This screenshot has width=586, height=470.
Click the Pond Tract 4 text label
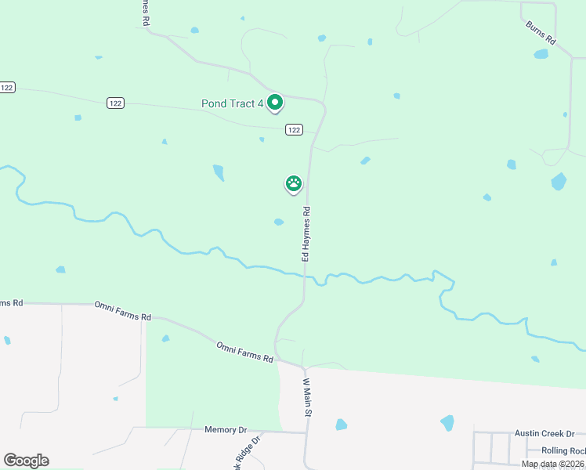[x=232, y=103]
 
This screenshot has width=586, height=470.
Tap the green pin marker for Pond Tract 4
[x=275, y=102]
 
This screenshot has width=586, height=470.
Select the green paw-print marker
[x=294, y=184]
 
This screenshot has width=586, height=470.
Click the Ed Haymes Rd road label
[x=307, y=233]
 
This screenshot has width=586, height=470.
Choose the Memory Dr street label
[x=226, y=430]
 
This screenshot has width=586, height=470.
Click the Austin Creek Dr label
[x=544, y=433]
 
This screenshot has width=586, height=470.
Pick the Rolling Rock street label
[x=562, y=450]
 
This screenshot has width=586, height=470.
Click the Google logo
[x=26, y=461]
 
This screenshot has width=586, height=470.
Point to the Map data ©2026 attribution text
[x=552, y=464]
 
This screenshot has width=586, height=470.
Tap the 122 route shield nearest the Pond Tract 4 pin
[x=294, y=130]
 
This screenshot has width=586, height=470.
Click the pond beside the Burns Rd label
[x=541, y=54]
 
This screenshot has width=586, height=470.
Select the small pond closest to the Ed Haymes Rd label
[x=278, y=222]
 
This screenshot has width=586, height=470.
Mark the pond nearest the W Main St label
[x=341, y=425]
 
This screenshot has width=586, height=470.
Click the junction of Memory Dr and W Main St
[x=306, y=432]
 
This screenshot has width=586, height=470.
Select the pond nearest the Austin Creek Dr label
[x=447, y=423]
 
